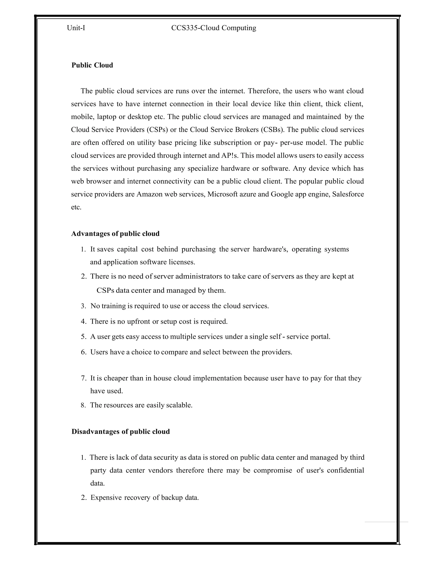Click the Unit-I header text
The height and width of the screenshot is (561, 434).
tap(76, 28)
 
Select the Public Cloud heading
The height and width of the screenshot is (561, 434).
tap(92, 65)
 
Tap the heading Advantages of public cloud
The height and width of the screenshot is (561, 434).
tap(115, 234)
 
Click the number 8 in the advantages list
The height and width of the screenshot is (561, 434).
tap(83, 405)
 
